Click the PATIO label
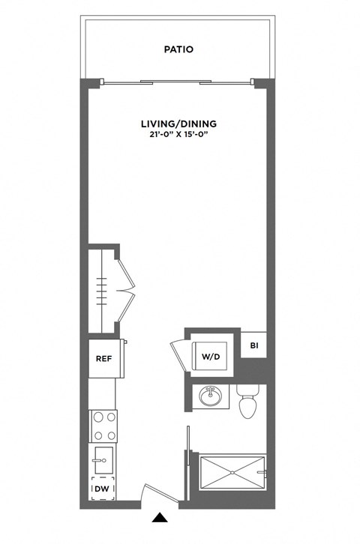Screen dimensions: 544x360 coord(178,49)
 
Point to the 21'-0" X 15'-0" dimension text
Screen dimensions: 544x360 coord(178,135)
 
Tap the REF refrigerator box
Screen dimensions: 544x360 coord(103,358)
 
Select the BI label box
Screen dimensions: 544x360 coord(253,345)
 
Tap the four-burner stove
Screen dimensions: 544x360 coord(103,425)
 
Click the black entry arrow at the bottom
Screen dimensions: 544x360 coord(159,517)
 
